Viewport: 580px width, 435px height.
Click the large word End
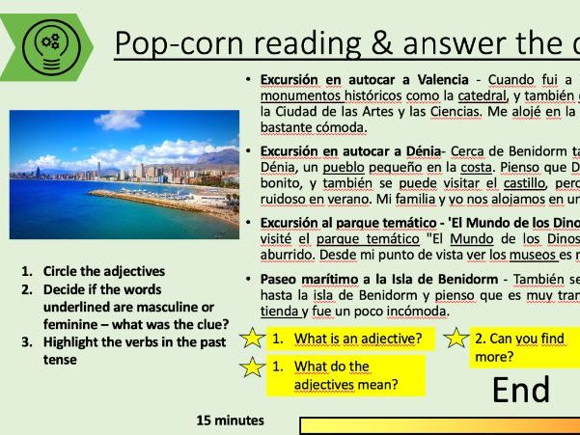coord(521,389)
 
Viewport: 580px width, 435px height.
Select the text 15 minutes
coord(230,421)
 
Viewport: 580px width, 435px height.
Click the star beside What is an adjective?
coord(252,339)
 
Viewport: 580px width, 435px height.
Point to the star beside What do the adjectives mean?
coord(252,367)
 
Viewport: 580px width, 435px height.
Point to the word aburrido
coord(290,255)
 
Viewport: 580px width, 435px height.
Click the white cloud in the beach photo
coord(121,122)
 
